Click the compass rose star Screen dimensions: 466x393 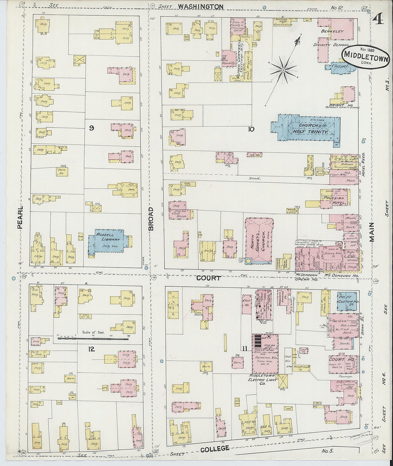(x=283, y=70)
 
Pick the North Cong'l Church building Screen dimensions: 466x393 (x=259, y=240)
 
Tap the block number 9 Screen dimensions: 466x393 (x=91, y=128)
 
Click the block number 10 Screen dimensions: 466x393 (x=251, y=129)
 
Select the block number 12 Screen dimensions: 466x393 (x=91, y=349)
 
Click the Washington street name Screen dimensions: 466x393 (x=200, y=6)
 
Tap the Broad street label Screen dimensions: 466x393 (x=151, y=219)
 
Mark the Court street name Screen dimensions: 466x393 (x=208, y=278)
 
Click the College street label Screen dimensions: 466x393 (x=214, y=449)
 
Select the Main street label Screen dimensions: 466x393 (x=372, y=232)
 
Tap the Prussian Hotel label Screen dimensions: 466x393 (x=334, y=200)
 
